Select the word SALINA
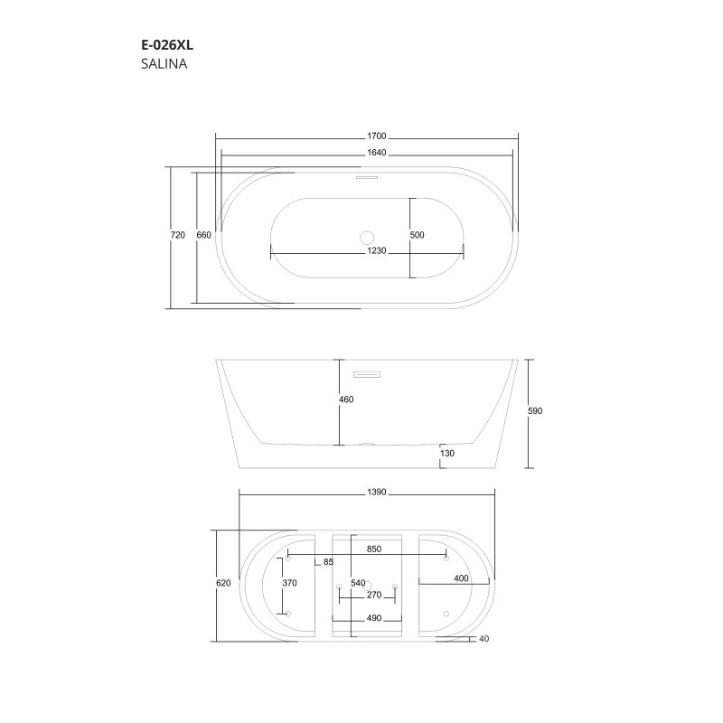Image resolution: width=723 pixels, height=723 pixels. pyautogui.click(x=164, y=64)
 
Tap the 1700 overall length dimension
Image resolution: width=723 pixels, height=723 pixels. pyautogui.click(x=365, y=136)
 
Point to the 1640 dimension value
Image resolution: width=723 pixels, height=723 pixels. pyautogui.click(x=365, y=153)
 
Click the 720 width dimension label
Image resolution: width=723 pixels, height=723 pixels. pyautogui.click(x=177, y=235)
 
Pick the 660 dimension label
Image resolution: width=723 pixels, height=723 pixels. pyautogui.click(x=203, y=235)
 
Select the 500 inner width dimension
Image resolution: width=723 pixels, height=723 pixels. pyautogui.click(x=417, y=235)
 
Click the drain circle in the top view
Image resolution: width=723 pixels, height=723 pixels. pyautogui.click(x=367, y=238)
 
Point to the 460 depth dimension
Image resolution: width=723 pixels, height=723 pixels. pyautogui.click(x=346, y=399)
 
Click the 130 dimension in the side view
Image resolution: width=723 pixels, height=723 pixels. pyautogui.click(x=447, y=454)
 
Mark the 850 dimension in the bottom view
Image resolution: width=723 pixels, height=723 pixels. pyautogui.click(x=374, y=549)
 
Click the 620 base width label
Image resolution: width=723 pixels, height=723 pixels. pyautogui.click(x=223, y=583)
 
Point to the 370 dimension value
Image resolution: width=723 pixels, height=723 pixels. pyautogui.click(x=289, y=583)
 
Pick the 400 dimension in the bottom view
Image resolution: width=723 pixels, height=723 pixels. pyautogui.click(x=460, y=578)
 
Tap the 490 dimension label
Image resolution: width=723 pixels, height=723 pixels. pyautogui.click(x=374, y=619)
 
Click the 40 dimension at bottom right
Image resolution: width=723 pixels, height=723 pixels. pyautogui.click(x=485, y=639)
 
